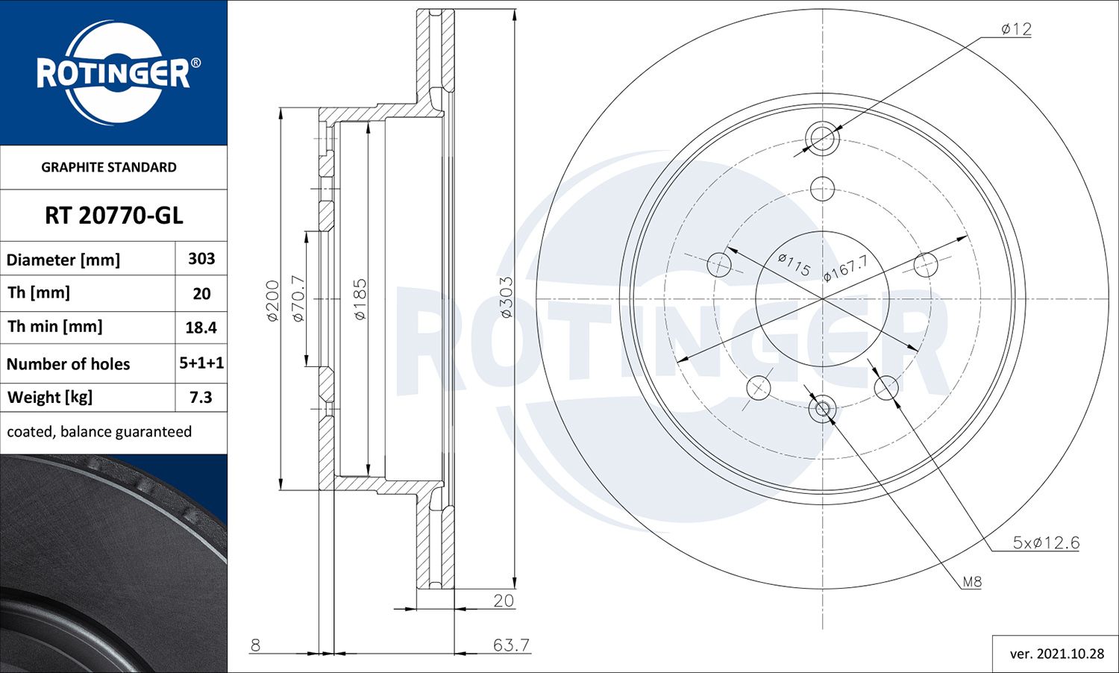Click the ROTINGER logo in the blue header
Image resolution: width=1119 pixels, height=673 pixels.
click(x=114, y=73)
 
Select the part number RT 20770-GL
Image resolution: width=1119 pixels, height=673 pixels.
click(x=113, y=216)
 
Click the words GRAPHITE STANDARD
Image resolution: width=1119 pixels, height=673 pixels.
click(x=109, y=167)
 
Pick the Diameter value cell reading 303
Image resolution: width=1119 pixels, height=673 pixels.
click(x=201, y=259)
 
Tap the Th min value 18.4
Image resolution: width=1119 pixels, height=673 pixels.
click(x=201, y=328)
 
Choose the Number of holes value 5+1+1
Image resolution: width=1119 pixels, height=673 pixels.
click(x=201, y=363)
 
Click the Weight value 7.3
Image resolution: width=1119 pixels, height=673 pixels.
click(x=201, y=398)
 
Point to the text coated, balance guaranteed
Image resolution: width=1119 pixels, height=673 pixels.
click(x=99, y=432)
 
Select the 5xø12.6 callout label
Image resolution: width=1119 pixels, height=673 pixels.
click(x=1045, y=543)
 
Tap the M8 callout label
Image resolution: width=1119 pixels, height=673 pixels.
click(x=971, y=582)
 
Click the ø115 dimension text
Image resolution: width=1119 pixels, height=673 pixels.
click(x=794, y=264)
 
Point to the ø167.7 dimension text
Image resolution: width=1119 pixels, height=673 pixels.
click(x=845, y=268)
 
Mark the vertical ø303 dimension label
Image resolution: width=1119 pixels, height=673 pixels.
click(x=506, y=298)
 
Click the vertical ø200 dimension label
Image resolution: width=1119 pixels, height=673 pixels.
click(x=272, y=301)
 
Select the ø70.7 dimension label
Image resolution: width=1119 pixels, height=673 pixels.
click(x=298, y=298)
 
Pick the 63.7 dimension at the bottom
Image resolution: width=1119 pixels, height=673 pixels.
click(x=511, y=645)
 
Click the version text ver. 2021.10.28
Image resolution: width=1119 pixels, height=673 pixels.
click(x=1056, y=654)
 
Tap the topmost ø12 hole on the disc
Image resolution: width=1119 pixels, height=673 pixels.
click(x=822, y=138)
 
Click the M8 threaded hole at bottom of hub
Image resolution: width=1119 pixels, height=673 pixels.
click(x=822, y=409)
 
